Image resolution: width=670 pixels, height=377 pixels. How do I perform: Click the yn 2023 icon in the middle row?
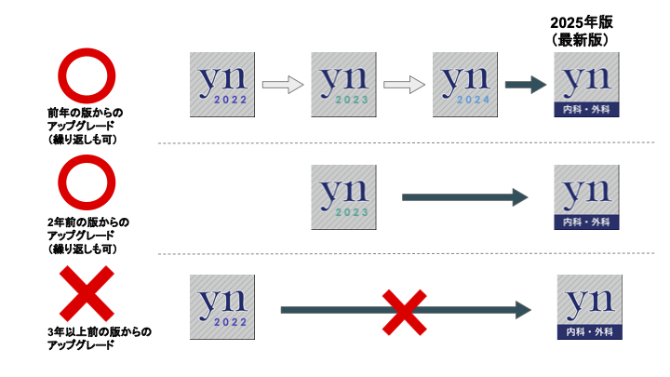click(343, 197)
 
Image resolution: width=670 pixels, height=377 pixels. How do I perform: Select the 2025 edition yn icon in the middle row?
click(586, 197)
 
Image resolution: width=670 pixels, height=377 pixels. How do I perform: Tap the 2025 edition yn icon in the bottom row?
click(588, 307)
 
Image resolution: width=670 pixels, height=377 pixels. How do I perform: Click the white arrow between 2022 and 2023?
click(282, 86)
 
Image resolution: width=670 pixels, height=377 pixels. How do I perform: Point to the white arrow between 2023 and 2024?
click(404, 86)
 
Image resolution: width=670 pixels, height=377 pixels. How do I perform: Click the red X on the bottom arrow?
click(405, 310)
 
